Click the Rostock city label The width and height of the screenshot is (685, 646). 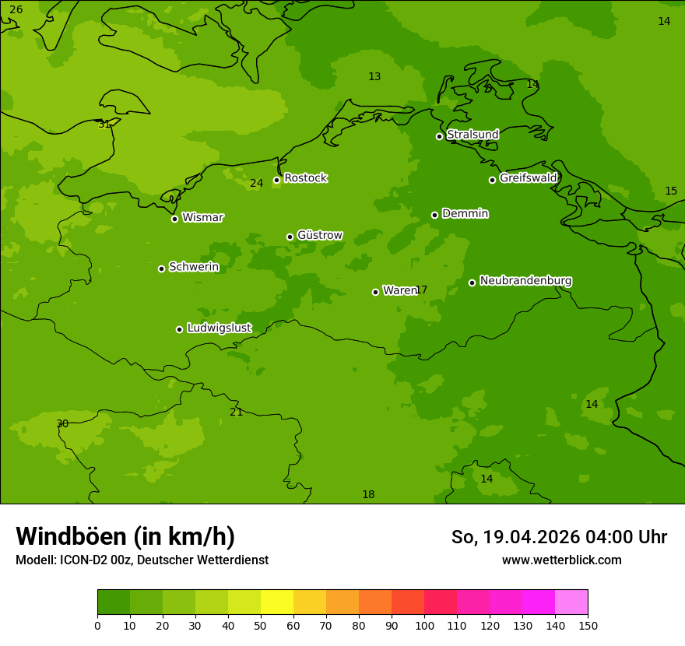pos(305,178)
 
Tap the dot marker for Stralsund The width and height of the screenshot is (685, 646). pos(439,136)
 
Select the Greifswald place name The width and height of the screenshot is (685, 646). pos(528,178)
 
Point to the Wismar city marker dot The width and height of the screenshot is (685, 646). pos(174,219)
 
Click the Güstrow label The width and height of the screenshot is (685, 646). pos(319,235)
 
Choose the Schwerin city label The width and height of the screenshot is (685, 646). pos(193,267)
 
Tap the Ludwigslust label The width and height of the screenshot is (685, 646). pos(219,328)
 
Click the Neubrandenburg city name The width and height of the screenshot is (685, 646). pos(525,280)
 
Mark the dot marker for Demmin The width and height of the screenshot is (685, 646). pos(434,215)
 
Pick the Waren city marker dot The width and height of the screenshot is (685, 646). pos(375,292)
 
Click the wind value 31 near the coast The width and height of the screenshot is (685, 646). pos(104,125)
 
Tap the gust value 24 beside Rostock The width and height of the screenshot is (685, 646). pos(256,184)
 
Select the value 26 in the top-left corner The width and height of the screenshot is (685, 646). pos(16,10)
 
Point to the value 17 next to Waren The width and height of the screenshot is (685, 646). pos(421,290)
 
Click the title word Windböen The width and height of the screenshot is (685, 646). pos(71,536)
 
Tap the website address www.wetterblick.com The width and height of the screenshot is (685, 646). pos(561,560)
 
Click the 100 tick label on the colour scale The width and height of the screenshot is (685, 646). pos(424,625)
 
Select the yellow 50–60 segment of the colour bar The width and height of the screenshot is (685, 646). pos(277,602)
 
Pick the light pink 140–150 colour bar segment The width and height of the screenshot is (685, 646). pos(571,602)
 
